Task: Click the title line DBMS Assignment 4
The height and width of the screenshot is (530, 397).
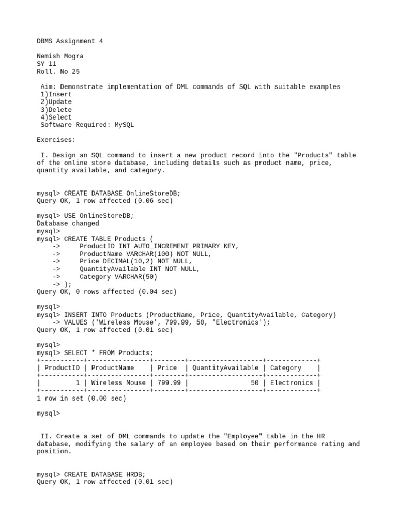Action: click(70, 41)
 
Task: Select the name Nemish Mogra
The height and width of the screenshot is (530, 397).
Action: click(60, 56)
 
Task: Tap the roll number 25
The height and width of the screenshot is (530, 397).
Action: click(75, 71)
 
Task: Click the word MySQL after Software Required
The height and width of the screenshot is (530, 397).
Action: click(124, 125)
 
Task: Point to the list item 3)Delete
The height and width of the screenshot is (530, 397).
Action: click(56, 110)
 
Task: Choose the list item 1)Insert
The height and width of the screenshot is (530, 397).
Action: click(56, 94)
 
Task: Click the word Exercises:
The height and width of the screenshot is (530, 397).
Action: click(56, 140)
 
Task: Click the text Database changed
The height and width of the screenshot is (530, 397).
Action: click(68, 224)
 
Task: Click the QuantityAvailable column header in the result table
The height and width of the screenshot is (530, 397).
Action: click(225, 368)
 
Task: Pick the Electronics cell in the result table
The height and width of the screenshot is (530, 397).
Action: click(292, 383)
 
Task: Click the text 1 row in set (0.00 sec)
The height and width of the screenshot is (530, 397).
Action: click(81, 399)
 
